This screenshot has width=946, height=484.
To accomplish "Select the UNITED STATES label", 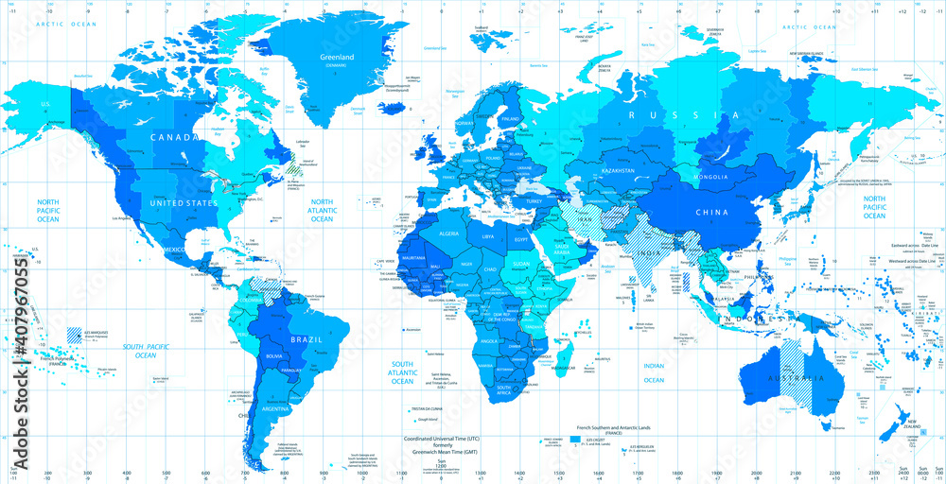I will [180, 203].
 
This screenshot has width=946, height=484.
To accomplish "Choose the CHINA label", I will [712, 213].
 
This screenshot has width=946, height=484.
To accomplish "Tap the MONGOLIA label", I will [710, 177].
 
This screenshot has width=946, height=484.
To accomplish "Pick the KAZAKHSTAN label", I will [617, 170].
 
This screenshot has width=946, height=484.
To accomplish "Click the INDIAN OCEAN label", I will [654, 372].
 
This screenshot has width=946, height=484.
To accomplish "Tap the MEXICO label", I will [176, 249].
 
